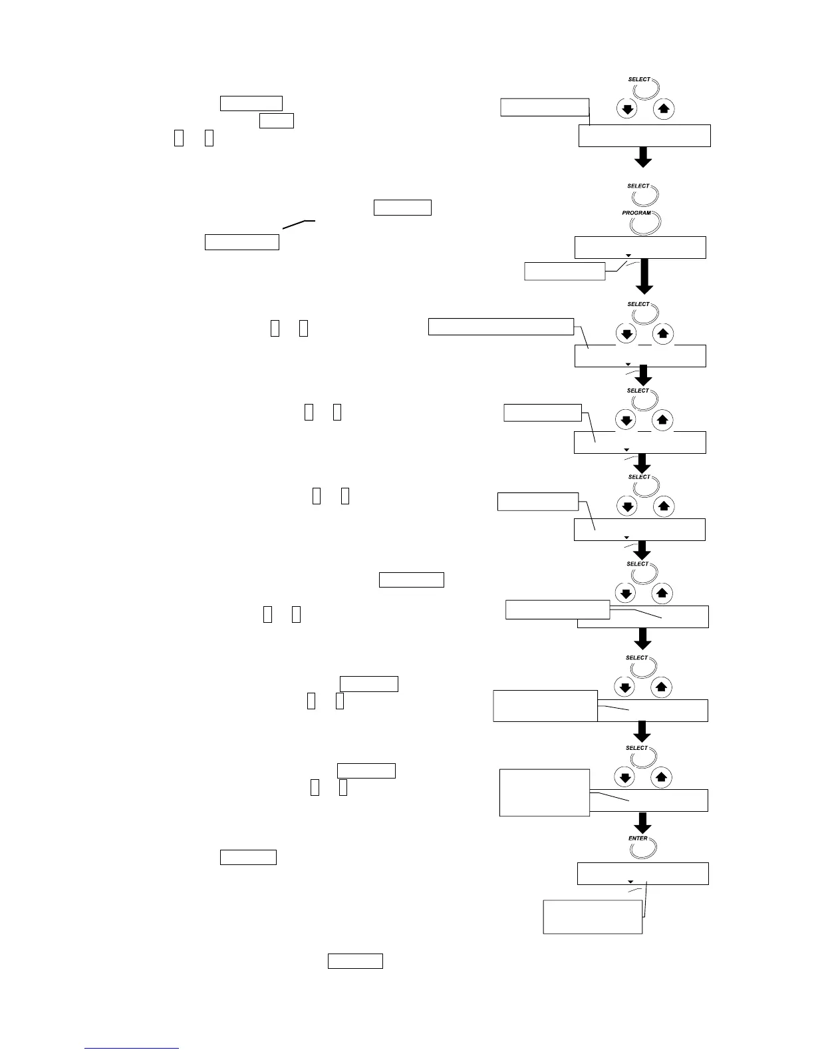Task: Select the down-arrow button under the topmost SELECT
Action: click(x=627, y=108)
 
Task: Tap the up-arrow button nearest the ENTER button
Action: click(x=660, y=777)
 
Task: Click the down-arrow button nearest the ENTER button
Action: click(x=624, y=777)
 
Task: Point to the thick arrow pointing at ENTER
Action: click(x=642, y=822)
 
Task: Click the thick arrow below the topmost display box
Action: click(x=643, y=157)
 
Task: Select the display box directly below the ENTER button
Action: click(x=642, y=873)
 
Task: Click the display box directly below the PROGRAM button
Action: click(x=640, y=247)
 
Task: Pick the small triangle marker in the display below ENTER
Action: click(x=630, y=882)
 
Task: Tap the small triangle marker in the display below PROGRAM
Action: click(x=628, y=256)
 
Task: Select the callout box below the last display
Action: click(x=593, y=916)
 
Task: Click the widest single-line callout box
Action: click(x=501, y=326)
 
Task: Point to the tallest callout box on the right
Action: click(x=544, y=792)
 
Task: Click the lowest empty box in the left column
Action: click(x=355, y=961)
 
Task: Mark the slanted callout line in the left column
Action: click(x=298, y=224)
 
